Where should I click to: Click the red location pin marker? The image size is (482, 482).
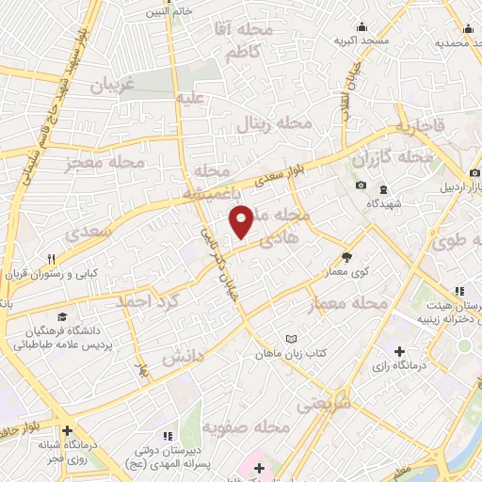pos(241,222)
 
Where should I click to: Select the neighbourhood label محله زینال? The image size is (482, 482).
pos(279,124)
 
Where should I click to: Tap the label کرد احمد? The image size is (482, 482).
pos(147,302)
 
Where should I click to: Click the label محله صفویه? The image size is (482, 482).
pos(249,428)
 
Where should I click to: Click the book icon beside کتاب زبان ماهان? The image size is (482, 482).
pos(291,339)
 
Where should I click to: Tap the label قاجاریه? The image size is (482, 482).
pos(415,125)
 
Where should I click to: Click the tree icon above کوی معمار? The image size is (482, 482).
pos(346,255)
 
